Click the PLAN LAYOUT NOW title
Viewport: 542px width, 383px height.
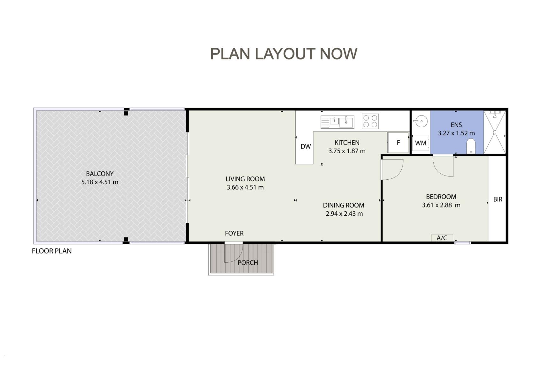(283, 54)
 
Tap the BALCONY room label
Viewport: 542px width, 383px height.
(100, 174)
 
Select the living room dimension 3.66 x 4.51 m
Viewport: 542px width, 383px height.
(245, 187)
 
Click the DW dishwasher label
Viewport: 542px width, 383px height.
(306, 146)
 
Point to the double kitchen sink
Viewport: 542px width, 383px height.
(337, 122)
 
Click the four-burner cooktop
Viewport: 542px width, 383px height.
(370, 121)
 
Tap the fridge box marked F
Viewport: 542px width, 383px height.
(398, 143)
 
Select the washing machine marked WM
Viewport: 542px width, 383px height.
(421, 143)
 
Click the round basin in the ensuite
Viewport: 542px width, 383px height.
(421, 121)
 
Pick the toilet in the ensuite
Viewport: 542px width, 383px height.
(471, 146)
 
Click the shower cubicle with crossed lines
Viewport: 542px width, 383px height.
(495, 132)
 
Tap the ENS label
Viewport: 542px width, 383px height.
(456, 125)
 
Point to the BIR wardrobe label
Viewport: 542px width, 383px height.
(498, 199)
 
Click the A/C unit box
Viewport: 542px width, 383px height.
(442, 238)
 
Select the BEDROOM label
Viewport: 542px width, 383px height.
(441, 197)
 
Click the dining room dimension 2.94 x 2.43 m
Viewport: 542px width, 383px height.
(344, 214)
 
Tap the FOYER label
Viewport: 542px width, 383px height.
(234, 233)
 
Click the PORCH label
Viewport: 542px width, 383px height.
(248, 263)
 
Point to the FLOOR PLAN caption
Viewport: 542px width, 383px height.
(52, 251)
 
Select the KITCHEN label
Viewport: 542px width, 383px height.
(347, 143)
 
